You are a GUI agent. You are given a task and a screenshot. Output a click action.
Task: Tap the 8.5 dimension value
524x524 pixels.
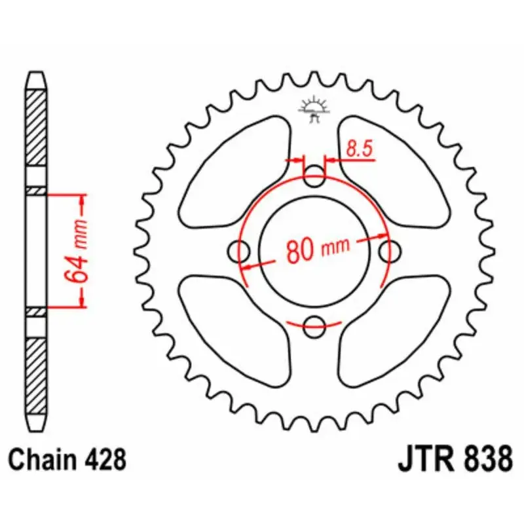[x=359, y=149]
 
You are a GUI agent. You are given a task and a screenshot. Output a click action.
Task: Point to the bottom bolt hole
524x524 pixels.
[x=315, y=323]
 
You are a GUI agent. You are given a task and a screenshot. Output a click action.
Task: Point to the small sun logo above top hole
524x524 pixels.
[x=315, y=109]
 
